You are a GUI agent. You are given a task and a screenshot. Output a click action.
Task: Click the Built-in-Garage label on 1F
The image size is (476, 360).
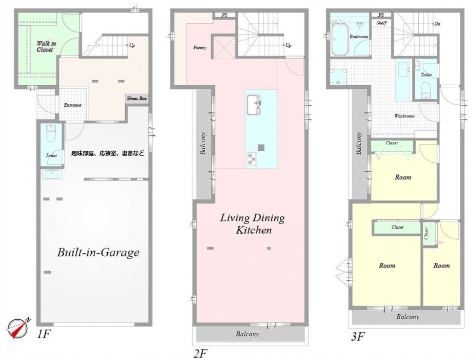98,253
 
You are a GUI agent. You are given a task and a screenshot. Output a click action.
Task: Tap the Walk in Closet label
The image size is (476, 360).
46,46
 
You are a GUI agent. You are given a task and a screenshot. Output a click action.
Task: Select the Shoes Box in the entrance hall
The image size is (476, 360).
137,98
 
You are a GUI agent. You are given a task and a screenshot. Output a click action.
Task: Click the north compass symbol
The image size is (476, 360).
17,328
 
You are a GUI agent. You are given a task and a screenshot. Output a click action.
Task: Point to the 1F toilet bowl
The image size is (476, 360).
50,134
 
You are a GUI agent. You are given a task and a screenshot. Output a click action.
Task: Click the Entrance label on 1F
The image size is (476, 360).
72,105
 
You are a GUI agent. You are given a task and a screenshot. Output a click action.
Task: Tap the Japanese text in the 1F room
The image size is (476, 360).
108,153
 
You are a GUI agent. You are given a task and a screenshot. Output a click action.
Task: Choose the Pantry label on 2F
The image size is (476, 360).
200,48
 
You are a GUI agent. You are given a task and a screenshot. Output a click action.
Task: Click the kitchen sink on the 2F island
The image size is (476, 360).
254,105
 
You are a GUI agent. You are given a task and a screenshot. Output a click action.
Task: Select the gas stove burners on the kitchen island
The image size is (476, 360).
251,159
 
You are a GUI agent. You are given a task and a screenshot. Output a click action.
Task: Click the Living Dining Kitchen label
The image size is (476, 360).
253,224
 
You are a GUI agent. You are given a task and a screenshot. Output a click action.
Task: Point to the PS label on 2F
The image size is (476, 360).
224,15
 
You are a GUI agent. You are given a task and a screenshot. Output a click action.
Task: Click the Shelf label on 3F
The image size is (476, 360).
381,23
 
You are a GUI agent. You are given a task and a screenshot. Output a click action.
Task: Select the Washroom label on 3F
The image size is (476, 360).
404,116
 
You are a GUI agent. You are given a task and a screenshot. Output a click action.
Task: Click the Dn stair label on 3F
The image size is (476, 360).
438,24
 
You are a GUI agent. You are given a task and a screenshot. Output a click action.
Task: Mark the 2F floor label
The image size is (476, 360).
200,353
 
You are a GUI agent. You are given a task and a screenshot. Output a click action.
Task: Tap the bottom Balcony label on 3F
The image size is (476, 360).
408,317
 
